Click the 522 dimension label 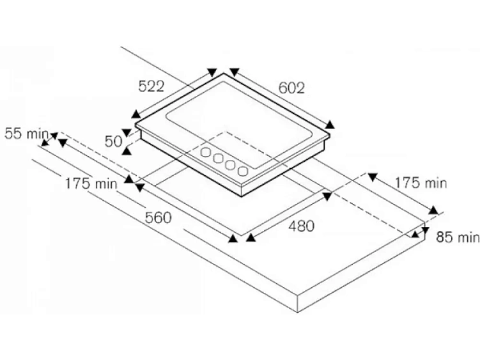(x=151, y=86)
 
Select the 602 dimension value (x=291, y=88)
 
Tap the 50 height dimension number (x=113, y=141)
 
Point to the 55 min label (x=27, y=134)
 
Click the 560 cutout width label (x=158, y=218)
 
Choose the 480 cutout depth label (x=302, y=226)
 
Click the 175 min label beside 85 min (x=421, y=183)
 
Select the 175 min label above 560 (x=91, y=184)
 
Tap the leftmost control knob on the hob (x=206, y=152)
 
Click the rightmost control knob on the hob (x=243, y=171)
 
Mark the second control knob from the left (x=218, y=158)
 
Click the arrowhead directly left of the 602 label (x=234, y=72)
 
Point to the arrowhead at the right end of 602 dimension (x=330, y=125)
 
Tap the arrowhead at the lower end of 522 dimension (x=135, y=114)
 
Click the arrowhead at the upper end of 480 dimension (x=327, y=196)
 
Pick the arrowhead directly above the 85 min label (x=426, y=230)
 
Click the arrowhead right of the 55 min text (x=54, y=135)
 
